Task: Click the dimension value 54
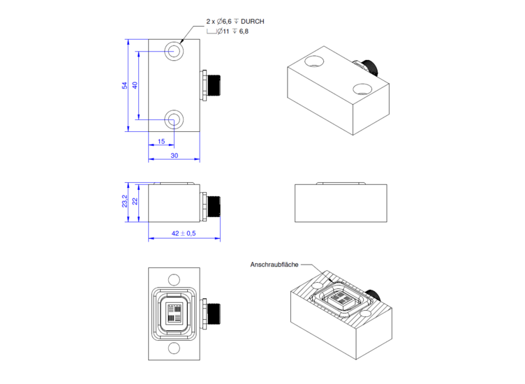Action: pos(125,85)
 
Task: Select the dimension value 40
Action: pos(135,85)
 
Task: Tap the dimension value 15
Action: pos(161,142)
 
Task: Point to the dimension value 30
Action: pos(174,156)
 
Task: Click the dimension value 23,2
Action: pos(125,202)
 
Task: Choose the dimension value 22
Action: pos(135,202)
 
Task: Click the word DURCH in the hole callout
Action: pos(249,22)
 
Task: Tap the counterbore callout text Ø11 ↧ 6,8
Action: pos(233,31)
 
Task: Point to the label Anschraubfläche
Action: pos(274,265)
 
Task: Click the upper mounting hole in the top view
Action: pos(174,51)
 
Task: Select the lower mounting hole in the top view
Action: pos(174,119)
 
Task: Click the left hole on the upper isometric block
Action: pos(313,61)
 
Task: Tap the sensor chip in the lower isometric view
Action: pos(341,300)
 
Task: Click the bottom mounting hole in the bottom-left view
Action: pos(174,348)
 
